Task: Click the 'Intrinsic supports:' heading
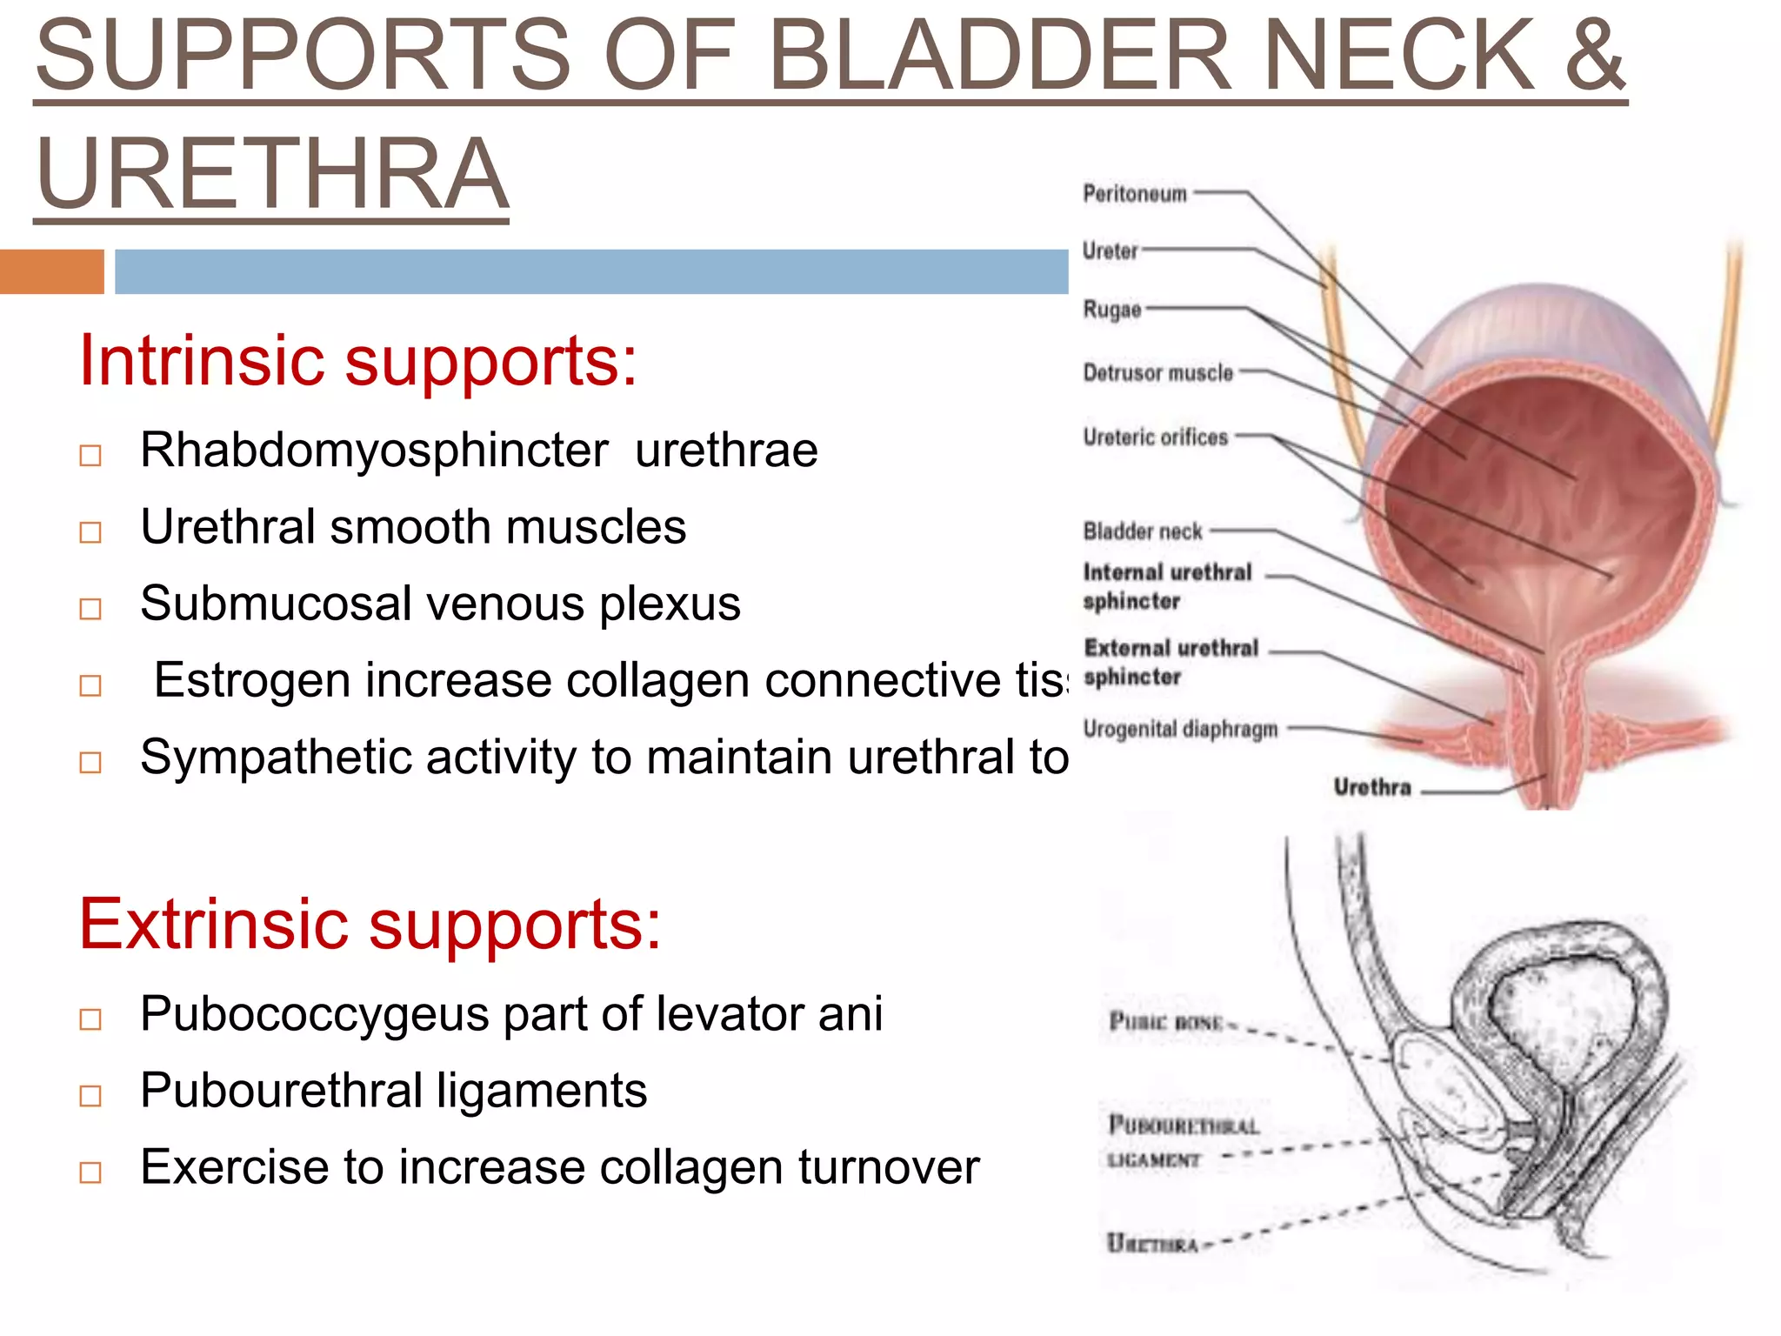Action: (357, 361)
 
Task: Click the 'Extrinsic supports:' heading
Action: (370, 924)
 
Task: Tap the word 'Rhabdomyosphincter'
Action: (374, 451)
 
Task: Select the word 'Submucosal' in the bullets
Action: (276, 604)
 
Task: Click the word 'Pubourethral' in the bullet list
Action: (282, 1091)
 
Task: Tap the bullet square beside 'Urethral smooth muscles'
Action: (90, 531)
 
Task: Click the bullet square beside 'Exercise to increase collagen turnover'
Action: (90, 1172)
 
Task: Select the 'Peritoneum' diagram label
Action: (1134, 193)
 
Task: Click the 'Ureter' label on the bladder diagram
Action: (1110, 251)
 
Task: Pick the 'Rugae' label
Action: (1111, 310)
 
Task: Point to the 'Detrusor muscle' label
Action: (1157, 373)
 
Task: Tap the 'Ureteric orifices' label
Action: (1155, 437)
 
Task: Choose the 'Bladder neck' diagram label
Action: (1142, 531)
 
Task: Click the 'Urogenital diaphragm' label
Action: (1180, 729)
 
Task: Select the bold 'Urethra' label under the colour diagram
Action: (1371, 788)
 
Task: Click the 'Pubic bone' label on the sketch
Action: (1165, 1022)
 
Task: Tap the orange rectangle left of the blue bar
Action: (51, 271)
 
